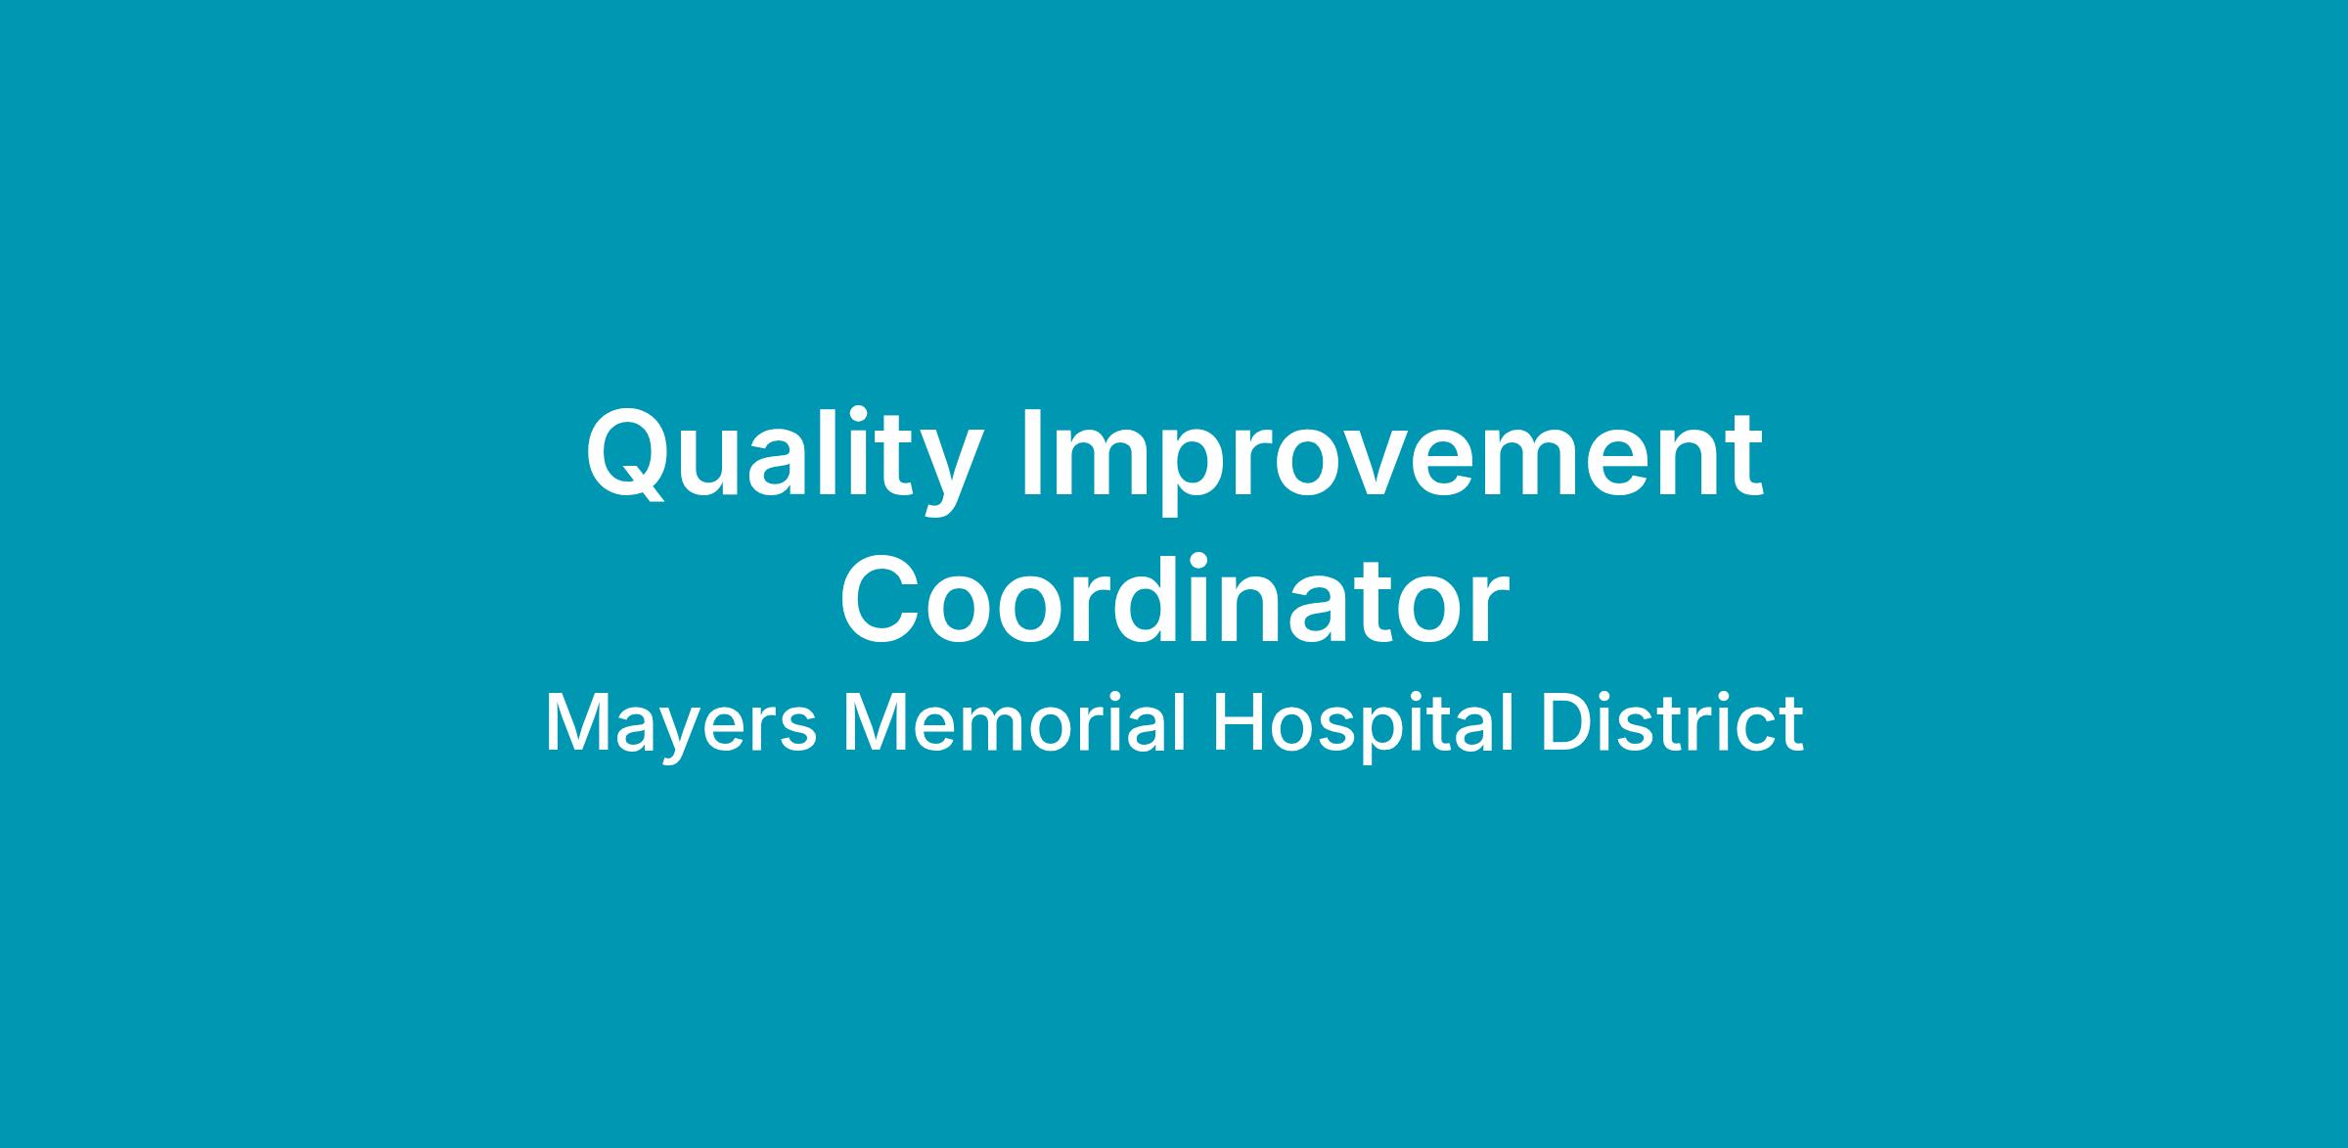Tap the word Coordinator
[x=1174, y=599]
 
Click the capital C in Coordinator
[x=880, y=599]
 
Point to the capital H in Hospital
[x=1237, y=723]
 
